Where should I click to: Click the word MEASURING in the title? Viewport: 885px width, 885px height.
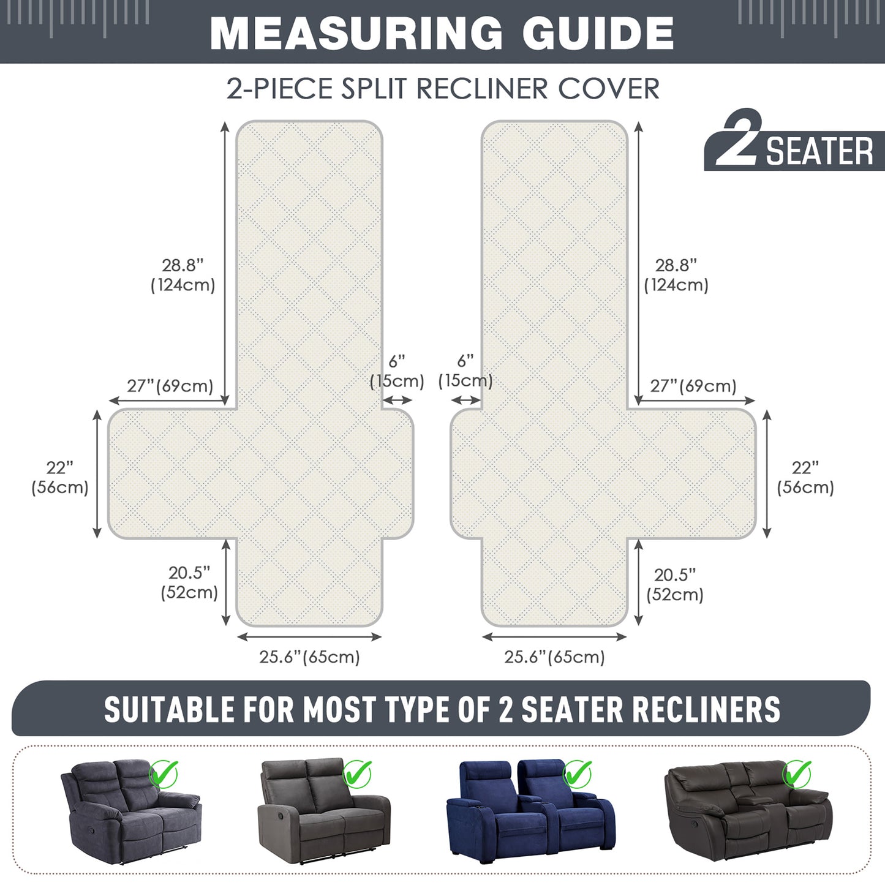[x=356, y=33]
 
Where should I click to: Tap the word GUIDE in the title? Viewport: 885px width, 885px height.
[x=598, y=33]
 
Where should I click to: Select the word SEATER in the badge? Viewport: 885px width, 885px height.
[x=819, y=151]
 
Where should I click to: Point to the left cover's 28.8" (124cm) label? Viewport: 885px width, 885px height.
[x=183, y=275]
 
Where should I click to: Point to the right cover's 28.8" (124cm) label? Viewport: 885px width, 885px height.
[x=676, y=275]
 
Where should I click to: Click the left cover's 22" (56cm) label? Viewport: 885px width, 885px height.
[x=60, y=478]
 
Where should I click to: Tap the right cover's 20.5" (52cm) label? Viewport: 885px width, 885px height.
[x=675, y=584]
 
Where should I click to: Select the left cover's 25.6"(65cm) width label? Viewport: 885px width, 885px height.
[x=309, y=657]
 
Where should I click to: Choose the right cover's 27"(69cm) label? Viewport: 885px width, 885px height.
[x=693, y=386]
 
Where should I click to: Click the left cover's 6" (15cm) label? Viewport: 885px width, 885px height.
[x=397, y=371]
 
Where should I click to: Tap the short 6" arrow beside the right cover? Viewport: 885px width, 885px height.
[x=466, y=401]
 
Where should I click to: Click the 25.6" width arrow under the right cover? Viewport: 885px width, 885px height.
[x=554, y=637]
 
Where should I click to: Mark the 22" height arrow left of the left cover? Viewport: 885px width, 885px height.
[x=97, y=474]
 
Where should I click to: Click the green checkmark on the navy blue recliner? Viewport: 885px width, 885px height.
[x=577, y=774]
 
